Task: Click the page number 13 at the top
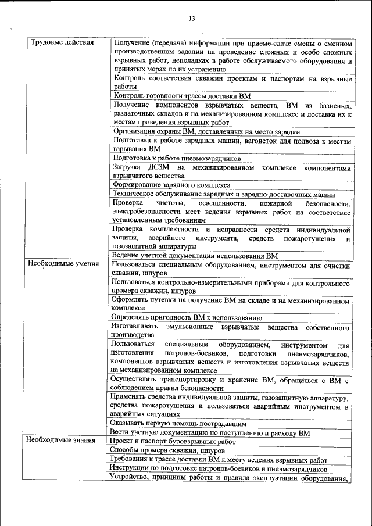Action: coord(191,19)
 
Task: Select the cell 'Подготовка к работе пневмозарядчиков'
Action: coord(177,158)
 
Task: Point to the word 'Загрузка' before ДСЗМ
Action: coord(128,167)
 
